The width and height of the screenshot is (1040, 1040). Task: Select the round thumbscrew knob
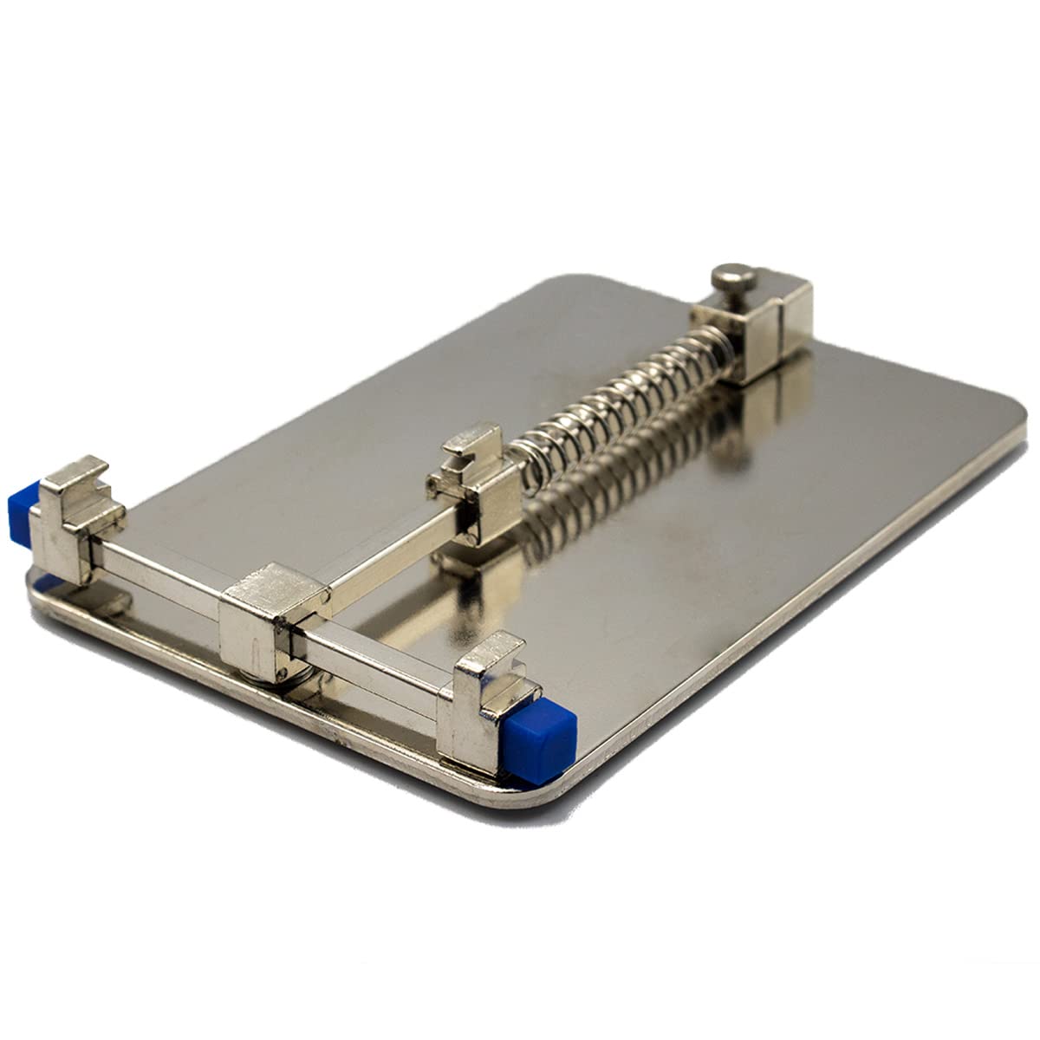pyautogui.click(x=732, y=281)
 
